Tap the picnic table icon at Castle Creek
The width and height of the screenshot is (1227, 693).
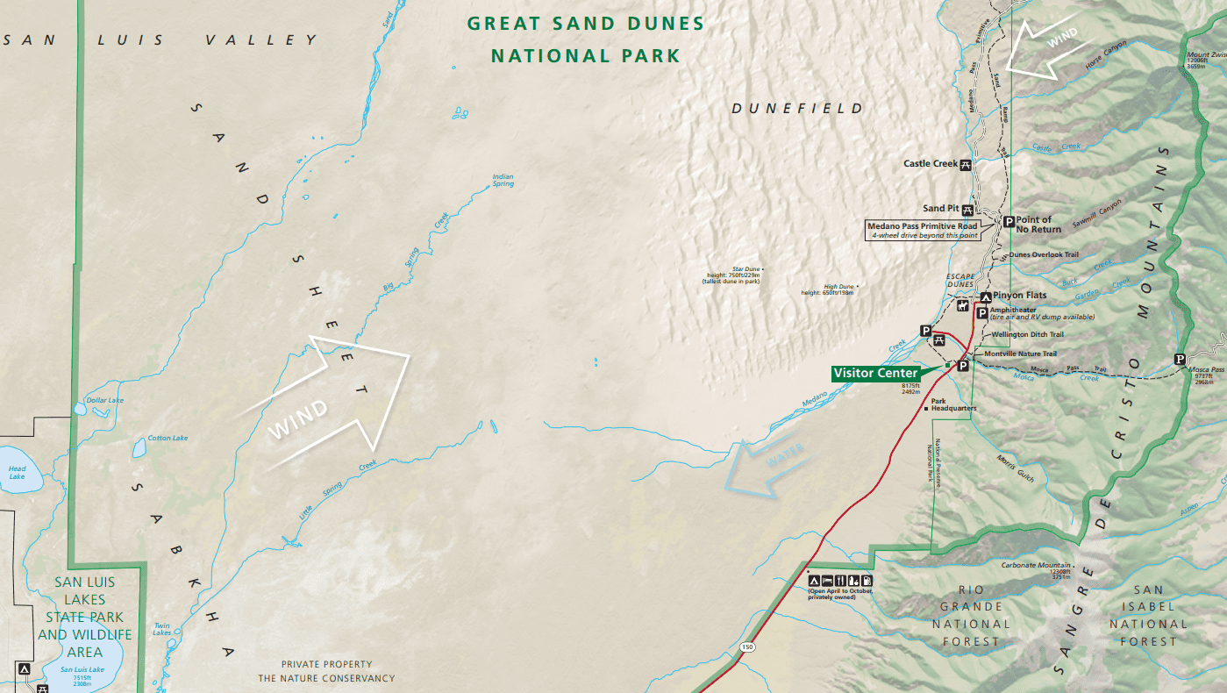coord(966,164)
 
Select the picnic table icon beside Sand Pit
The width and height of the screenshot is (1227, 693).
coord(967,209)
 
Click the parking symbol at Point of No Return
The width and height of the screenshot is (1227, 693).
coord(1008,222)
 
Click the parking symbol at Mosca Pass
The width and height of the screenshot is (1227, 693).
coord(1181,359)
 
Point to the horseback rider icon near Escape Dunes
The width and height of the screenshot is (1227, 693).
coord(963,307)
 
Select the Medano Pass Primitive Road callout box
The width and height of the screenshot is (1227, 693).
coord(922,231)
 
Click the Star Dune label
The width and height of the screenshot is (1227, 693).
coord(733,275)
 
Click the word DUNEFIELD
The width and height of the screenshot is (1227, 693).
coord(797,109)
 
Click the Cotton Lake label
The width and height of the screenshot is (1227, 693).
coord(168,438)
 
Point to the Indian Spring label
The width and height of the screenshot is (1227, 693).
coord(503,180)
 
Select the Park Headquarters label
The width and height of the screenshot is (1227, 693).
coord(953,405)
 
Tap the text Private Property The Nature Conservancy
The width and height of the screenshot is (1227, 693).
coord(326,671)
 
